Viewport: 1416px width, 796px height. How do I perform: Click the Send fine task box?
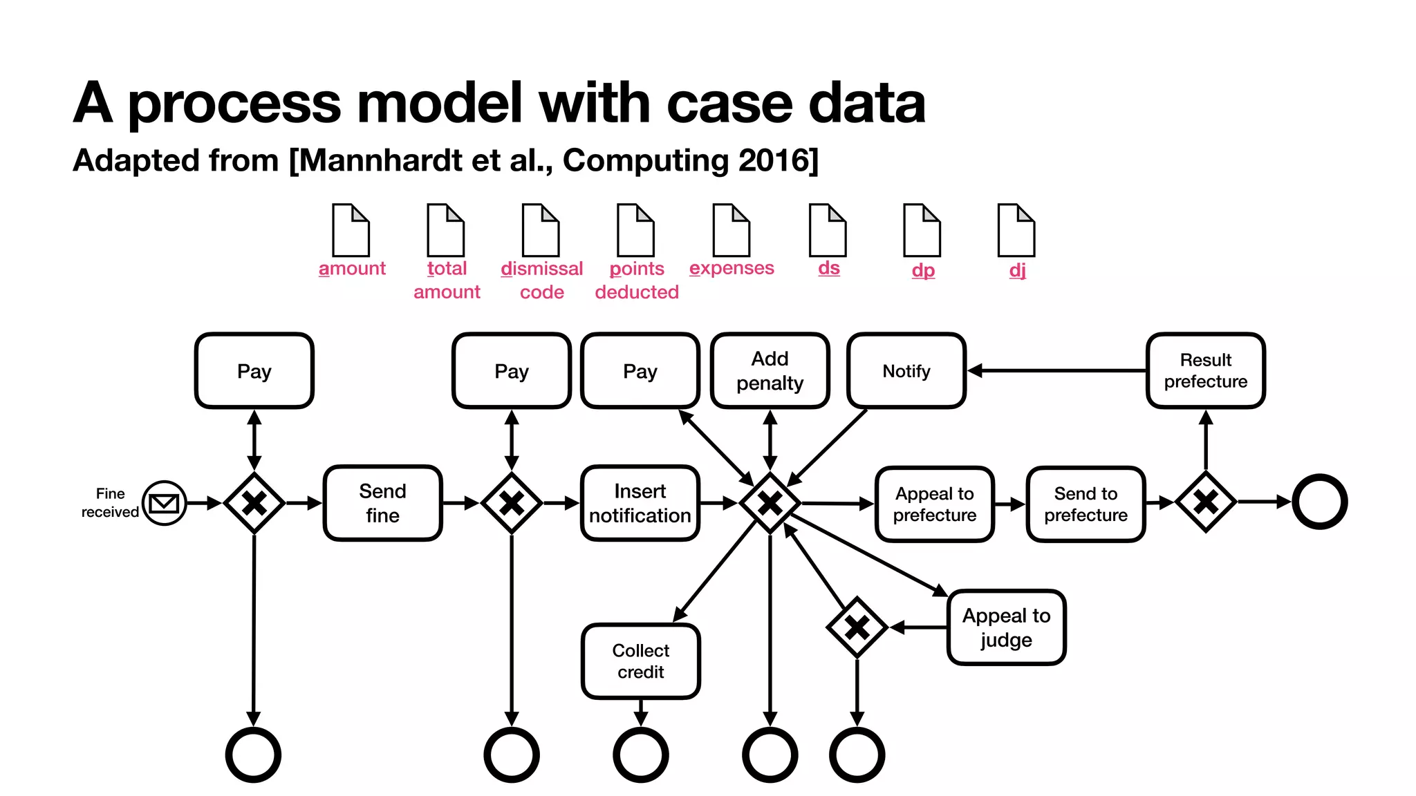[382, 503]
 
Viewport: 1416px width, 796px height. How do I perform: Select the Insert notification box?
[640, 503]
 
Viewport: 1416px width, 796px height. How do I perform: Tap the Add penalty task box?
[770, 371]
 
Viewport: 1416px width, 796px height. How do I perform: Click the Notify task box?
[906, 371]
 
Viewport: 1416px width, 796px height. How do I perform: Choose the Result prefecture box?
[1205, 371]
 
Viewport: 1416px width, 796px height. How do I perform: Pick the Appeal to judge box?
[1006, 627]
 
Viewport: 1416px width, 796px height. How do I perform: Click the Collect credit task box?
[640, 661]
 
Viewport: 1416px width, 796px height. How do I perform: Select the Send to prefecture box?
[1086, 504]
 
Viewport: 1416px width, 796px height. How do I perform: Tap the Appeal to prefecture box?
[934, 504]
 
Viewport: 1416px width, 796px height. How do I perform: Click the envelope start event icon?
[164, 503]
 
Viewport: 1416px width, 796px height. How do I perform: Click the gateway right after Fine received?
[254, 503]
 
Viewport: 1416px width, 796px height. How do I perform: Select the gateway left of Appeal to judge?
[857, 627]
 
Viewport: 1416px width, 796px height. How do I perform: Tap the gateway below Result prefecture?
[1205, 502]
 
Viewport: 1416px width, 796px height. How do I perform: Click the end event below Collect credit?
[640, 755]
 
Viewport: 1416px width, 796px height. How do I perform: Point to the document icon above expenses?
[732, 230]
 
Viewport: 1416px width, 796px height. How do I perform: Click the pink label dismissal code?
[541, 280]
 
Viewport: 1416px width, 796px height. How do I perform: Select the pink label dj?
[1017, 269]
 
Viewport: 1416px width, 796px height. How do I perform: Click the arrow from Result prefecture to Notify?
[1058, 371]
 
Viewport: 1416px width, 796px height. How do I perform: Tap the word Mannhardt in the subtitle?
[381, 160]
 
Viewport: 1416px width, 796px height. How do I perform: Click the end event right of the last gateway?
[1319, 502]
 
